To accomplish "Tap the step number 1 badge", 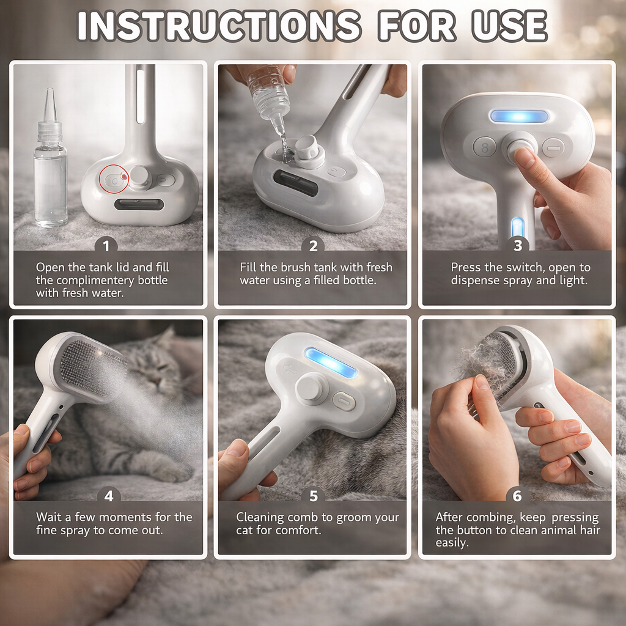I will [x=106, y=246].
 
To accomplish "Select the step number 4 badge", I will [x=108, y=496].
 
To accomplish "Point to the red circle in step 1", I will [x=114, y=180].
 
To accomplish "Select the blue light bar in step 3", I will [x=518, y=116].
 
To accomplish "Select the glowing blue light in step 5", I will [x=330, y=362].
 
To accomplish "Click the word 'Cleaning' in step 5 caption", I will [x=259, y=517].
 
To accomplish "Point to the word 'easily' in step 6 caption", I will [x=452, y=543].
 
